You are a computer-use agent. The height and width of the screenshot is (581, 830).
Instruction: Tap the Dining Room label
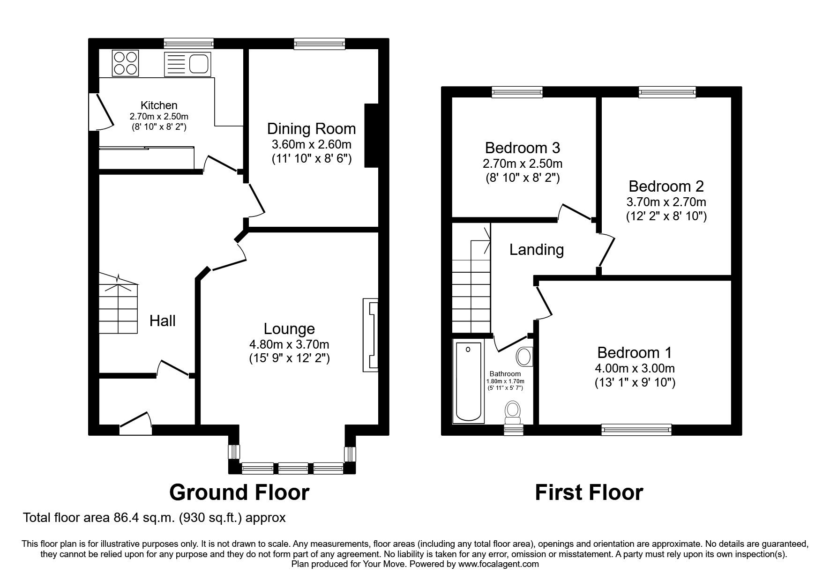click(311, 129)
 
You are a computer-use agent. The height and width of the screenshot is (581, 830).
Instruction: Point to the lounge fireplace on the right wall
click(370, 335)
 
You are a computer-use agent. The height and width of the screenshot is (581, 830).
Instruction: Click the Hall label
click(162, 321)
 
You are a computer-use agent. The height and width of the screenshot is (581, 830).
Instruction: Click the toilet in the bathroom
click(513, 411)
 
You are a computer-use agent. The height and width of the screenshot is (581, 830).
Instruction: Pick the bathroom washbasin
click(523, 357)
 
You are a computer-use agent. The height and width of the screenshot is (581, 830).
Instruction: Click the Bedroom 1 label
click(635, 352)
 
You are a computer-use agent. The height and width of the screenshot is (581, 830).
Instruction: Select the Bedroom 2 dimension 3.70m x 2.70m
click(666, 202)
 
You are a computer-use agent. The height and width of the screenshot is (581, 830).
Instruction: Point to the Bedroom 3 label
click(522, 148)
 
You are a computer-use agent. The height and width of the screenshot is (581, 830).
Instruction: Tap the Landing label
click(536, 250)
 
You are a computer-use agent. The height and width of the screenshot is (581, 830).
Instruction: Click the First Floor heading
click(589, 492)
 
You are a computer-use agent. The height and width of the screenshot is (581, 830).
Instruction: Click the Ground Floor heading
click(239, 492)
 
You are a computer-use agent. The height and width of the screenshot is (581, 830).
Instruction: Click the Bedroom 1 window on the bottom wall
click(636, 429)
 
